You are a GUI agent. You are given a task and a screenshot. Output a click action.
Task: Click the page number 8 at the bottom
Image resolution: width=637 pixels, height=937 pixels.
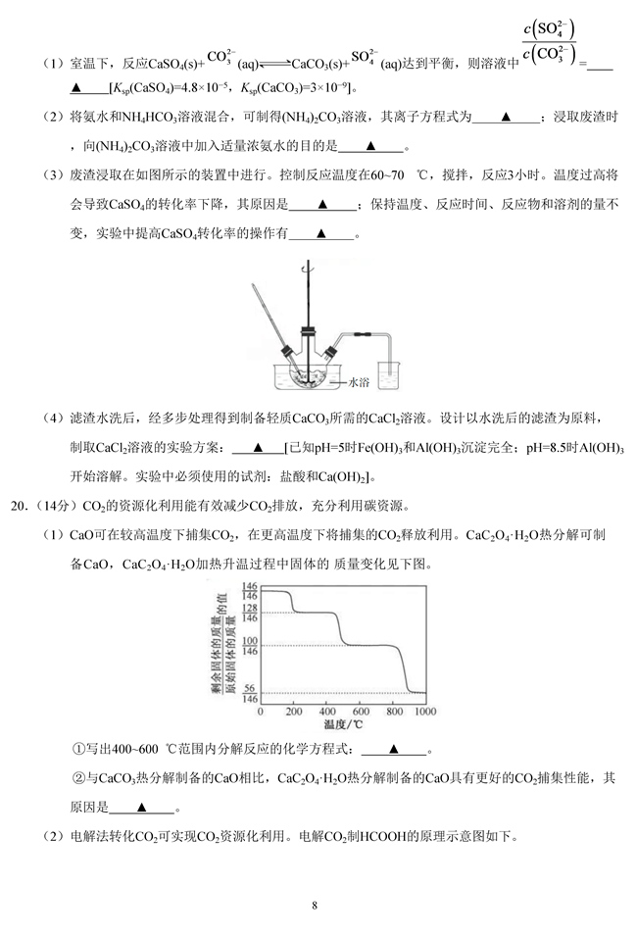[315, 905]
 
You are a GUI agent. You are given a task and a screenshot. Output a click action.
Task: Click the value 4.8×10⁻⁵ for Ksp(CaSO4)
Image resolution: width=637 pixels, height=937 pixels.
[211, 89]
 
